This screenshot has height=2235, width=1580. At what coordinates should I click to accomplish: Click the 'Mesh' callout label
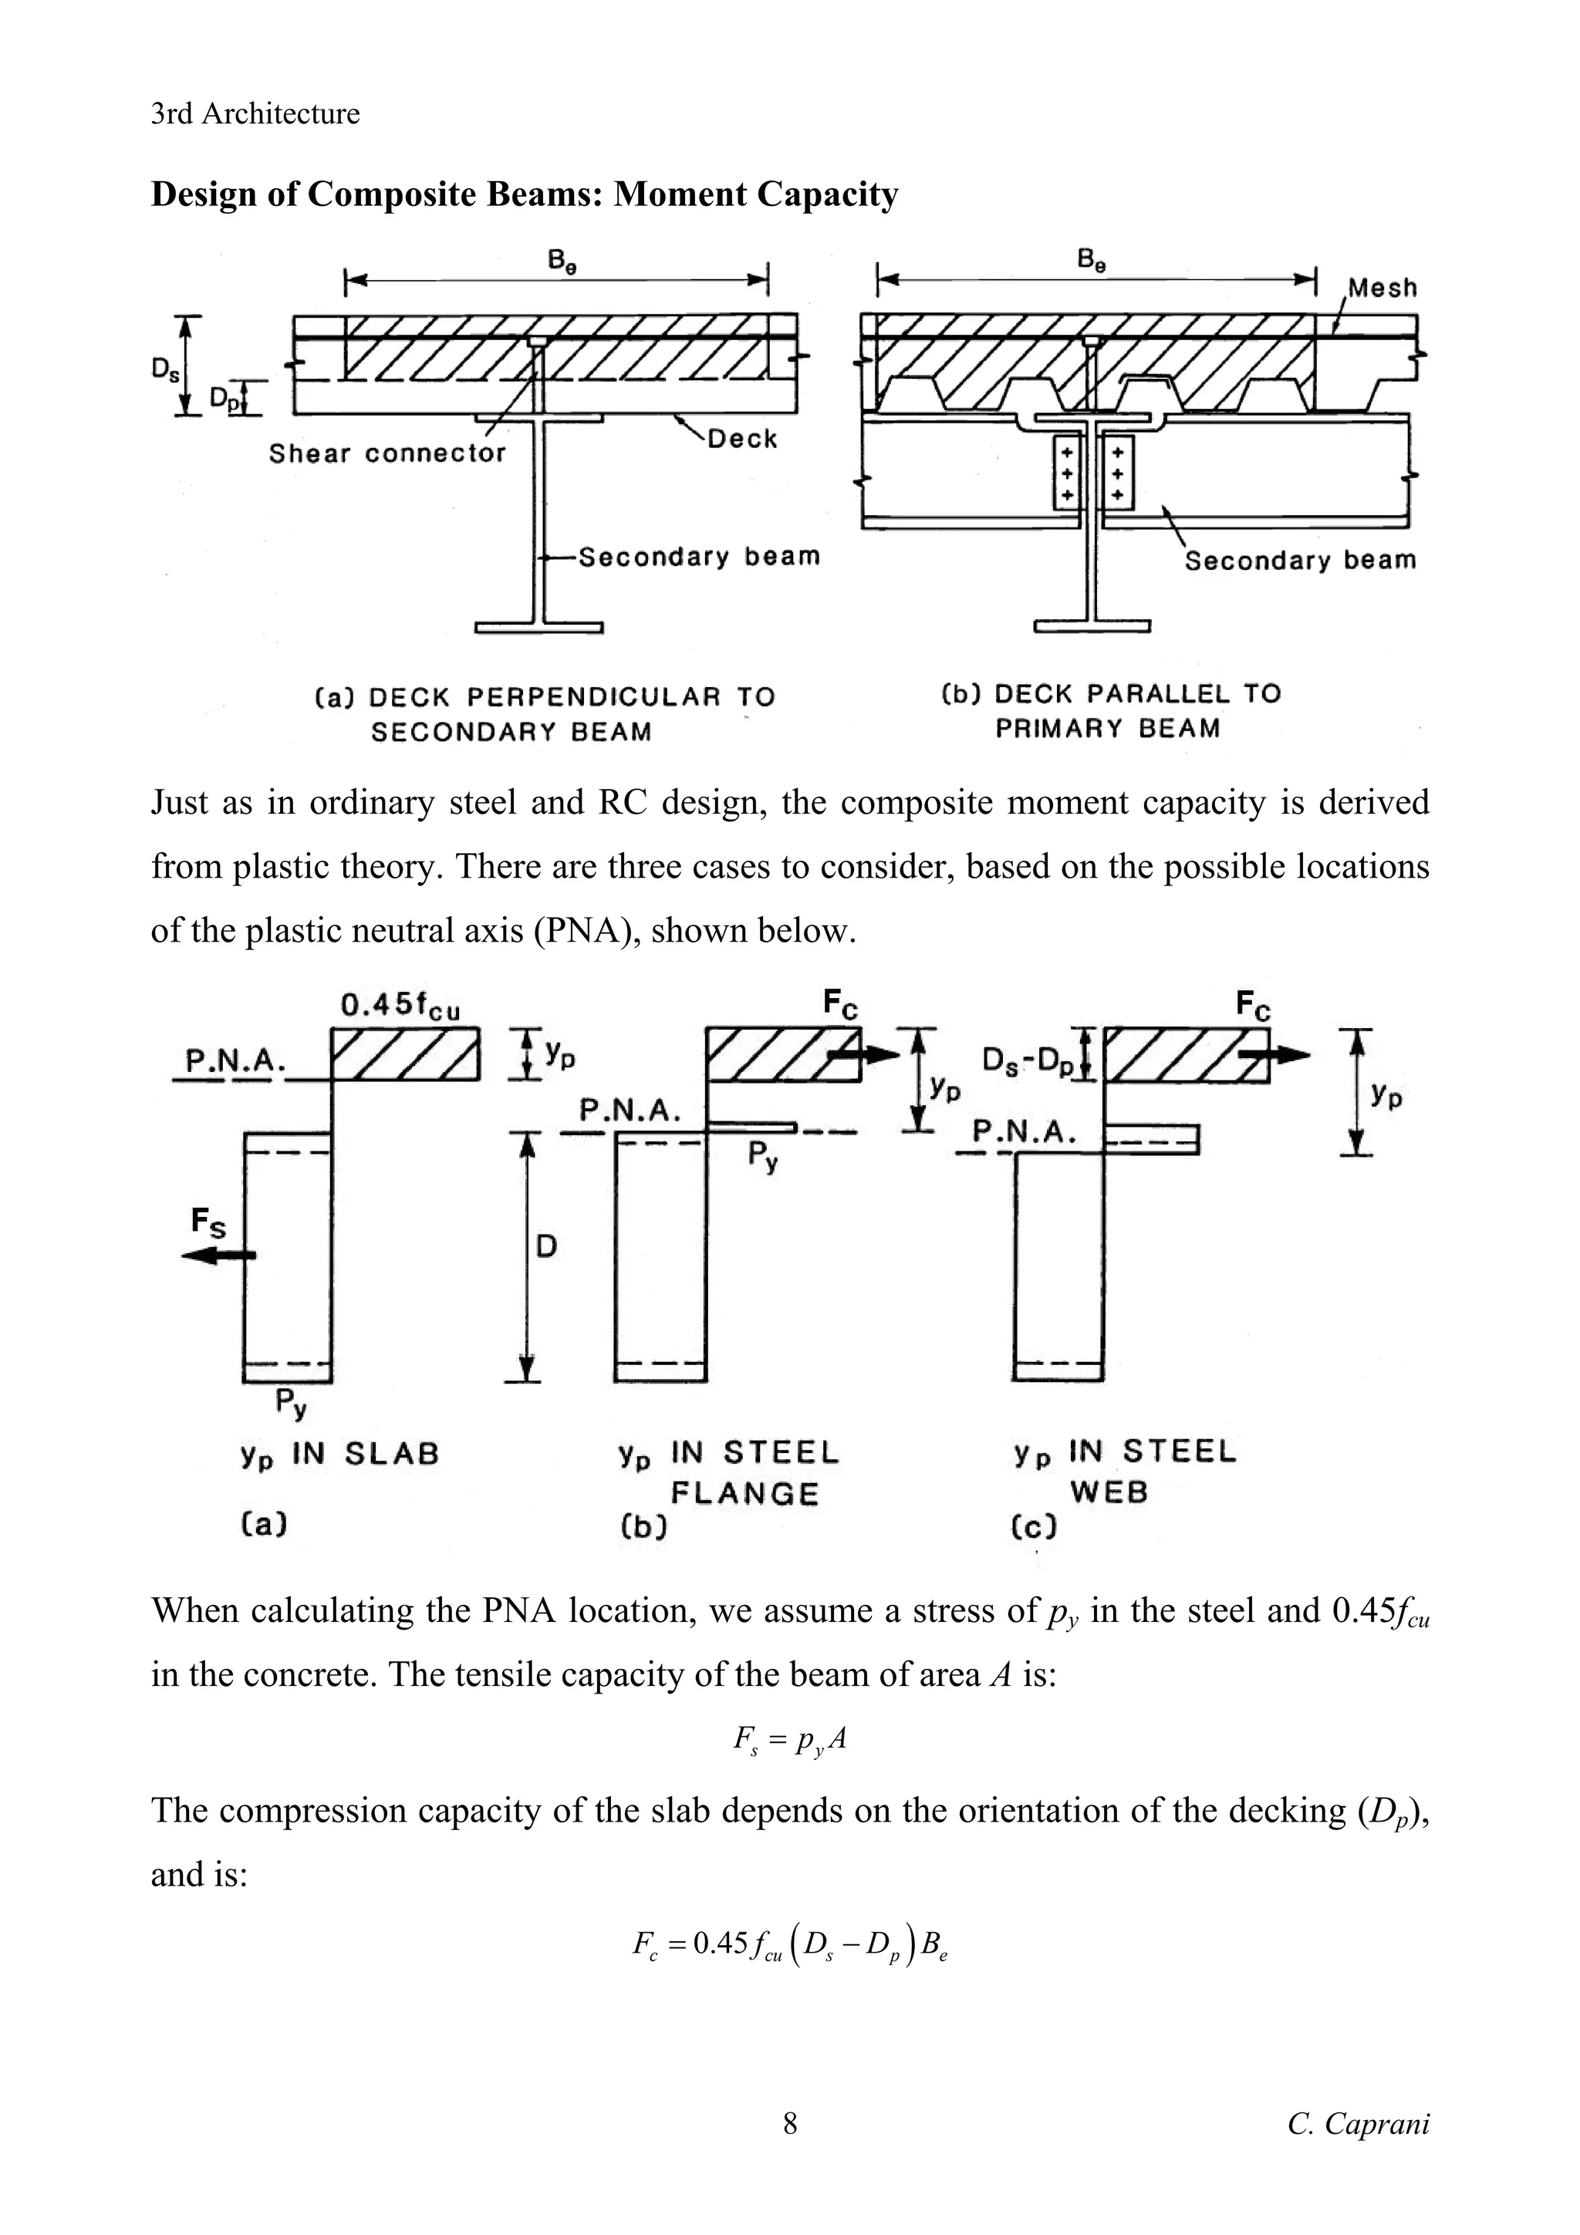[1382, 288]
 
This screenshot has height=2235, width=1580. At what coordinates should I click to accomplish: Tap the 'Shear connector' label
[387, 453]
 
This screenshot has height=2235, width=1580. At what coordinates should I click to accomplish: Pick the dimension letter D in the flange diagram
[546, 1246]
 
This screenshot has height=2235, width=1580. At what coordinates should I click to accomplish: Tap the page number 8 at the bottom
[789, 2124]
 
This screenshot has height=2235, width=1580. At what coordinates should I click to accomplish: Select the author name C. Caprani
[1358, 2124]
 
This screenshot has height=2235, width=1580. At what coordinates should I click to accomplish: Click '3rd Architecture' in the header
[255, 114]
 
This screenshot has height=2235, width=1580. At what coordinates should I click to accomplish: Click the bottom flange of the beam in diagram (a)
[538, 626]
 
